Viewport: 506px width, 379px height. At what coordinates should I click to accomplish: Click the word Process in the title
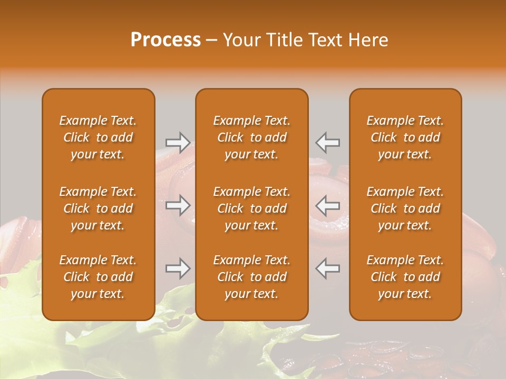[x=166, y=40]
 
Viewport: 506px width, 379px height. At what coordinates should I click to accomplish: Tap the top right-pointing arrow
[x=178, y=142]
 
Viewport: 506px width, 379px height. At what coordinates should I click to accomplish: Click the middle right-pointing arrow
[x=178, y=205]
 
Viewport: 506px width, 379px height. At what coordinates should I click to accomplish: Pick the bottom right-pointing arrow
[x=178, y=268]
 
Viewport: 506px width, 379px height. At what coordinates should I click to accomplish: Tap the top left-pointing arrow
[x=328, y=142]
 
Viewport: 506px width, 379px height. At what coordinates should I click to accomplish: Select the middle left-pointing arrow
[x=328, y=205]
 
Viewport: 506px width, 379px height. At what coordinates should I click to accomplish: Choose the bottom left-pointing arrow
[x=328, y=268]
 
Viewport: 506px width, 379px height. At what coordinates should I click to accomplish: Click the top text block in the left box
[x=98, y=137]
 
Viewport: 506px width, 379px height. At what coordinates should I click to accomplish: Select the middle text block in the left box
[x=98, y=208]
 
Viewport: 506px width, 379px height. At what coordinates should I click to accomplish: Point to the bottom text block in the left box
[x=98, y=277]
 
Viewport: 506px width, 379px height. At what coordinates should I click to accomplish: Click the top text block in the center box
[x=251, y=137]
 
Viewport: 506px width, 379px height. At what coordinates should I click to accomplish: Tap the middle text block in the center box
[x=251, y=208]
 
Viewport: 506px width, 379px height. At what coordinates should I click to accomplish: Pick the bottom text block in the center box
[x=251, y=277]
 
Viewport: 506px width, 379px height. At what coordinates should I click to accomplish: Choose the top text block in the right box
[x=405, y=137]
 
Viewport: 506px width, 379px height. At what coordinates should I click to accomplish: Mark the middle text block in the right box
[x=405, y=208]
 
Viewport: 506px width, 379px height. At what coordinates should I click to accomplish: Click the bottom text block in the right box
[x=405, y=277]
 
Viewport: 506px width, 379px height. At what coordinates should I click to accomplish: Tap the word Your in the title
[x=240, y=40]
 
